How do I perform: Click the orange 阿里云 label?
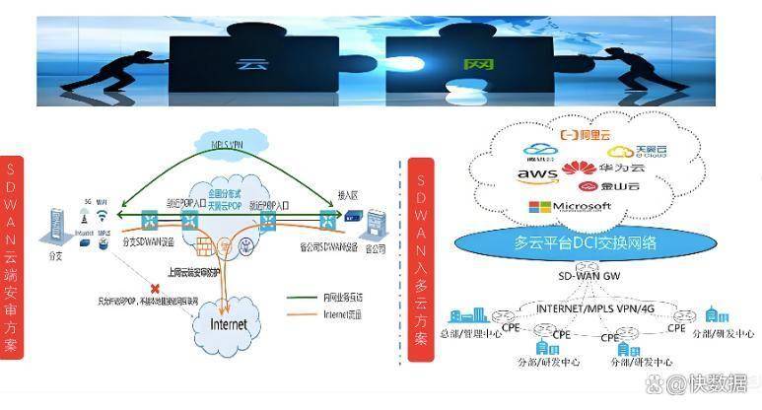coord(589,134)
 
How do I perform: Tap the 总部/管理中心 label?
coord(470,333)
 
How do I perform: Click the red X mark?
coord(127,285)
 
